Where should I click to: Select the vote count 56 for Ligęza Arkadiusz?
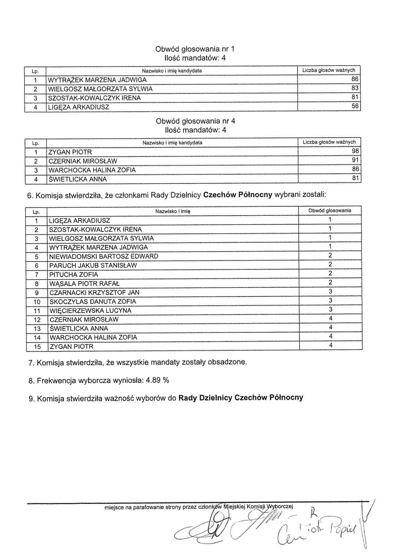355,106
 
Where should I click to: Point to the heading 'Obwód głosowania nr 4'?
195,121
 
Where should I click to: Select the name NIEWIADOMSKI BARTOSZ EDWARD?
104,256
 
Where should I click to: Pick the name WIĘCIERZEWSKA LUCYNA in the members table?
90,310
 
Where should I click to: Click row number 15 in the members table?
37,347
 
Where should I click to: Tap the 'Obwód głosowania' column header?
330,211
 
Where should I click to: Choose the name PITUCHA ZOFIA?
74,274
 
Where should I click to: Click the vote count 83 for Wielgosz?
355,88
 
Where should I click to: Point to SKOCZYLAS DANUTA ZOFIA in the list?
93,301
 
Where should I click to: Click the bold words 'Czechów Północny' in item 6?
238,195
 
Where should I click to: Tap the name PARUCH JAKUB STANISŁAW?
93,265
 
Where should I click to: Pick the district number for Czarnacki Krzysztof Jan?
330,292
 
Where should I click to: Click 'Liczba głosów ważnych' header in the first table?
329,70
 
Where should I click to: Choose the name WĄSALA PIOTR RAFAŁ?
84,283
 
